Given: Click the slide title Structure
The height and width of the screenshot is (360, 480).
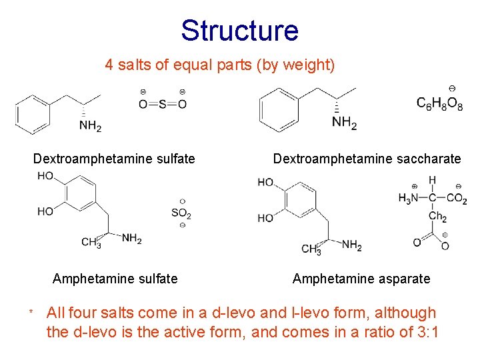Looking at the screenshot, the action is (x=239, y=31).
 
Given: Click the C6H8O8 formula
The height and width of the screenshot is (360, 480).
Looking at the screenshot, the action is (x=439, y=103).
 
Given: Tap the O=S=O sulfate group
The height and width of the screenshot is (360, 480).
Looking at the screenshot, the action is (x=162, y=103).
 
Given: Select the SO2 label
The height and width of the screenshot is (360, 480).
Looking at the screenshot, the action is (x=181, y=213).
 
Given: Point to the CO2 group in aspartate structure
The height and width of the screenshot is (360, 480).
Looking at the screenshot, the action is (x=457, y=198).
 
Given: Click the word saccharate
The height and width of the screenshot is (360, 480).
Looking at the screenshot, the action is (x=427, y=159).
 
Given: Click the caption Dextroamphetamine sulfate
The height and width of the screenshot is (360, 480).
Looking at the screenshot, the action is (x=114, y=159).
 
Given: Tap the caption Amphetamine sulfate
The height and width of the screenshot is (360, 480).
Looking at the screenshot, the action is (x=115, y=279).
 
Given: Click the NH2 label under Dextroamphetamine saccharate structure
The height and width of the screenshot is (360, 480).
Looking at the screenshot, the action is (x=345, y=123).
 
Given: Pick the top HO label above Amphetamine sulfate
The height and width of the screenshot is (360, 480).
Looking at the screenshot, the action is (x=46, y=177).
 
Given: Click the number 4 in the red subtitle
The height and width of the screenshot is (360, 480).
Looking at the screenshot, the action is (x=109, y=65).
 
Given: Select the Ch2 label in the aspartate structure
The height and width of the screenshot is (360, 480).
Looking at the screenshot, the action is (x=437, y=217).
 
